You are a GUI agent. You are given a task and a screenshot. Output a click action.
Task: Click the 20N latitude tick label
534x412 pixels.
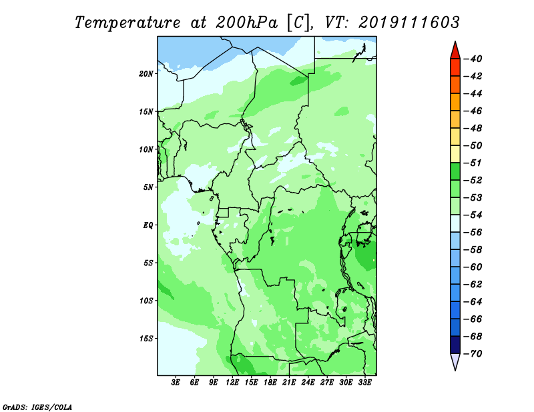pos(146,73)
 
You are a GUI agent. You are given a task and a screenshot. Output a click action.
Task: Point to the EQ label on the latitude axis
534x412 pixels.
pos(148,225)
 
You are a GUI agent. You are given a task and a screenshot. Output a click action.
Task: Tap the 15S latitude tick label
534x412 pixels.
pos(146,339)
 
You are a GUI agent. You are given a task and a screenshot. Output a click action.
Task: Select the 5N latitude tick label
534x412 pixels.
pos(148,187)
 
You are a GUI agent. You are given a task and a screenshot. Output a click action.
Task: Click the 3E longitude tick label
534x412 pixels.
pos(176,382)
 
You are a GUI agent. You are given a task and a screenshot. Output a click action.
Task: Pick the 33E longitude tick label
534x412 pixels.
pos(364,382)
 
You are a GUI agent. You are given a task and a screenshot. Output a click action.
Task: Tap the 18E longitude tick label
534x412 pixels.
pos(270,382)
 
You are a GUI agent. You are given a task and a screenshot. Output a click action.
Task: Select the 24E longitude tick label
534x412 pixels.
pos(308,382)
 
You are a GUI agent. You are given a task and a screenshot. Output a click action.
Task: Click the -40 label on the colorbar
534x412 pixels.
pos(473,59)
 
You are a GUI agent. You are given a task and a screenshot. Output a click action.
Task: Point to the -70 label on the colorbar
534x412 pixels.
pos(473,354)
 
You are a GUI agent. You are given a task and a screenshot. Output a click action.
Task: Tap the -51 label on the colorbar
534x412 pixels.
pos(473,163)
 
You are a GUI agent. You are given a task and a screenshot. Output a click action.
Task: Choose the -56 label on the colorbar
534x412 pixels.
pos(473,233)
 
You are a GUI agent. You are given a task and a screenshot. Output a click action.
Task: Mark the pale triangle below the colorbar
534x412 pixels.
pos(455,361)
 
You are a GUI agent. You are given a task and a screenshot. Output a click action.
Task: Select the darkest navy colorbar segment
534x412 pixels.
pos(455,345)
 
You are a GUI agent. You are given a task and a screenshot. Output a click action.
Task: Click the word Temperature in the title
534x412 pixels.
pos(127,23)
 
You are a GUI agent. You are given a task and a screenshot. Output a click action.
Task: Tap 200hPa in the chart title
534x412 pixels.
pos(246,23)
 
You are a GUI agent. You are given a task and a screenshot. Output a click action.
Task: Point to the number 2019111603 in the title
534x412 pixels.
pos(409,23)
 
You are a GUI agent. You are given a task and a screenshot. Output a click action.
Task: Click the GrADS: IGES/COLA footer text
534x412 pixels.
pos(37,407)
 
